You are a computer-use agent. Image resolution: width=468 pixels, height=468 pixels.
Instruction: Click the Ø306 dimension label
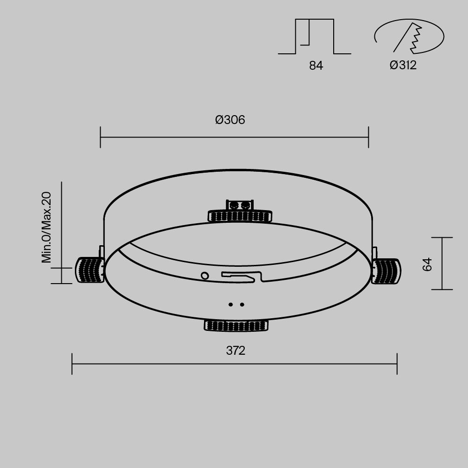230,120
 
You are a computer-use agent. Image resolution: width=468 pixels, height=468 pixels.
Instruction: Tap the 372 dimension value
235,351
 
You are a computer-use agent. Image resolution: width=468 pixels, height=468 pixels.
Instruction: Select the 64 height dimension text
427,264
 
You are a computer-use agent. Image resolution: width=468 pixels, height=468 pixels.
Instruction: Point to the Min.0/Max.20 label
46,228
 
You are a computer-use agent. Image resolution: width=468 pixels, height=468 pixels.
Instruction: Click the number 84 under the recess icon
316,66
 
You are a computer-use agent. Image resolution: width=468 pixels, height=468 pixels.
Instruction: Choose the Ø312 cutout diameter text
403,66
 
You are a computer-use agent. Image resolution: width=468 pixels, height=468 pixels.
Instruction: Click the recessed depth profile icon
314,37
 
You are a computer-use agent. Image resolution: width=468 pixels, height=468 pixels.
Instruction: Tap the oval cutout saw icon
409,37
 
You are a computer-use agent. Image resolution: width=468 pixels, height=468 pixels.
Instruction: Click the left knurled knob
89,270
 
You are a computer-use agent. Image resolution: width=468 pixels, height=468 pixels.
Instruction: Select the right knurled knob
387,271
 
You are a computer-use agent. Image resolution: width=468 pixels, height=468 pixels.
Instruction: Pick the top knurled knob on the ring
240,215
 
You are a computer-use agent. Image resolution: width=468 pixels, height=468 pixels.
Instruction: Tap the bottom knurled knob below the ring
236,325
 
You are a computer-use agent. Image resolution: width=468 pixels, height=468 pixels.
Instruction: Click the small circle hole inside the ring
205,276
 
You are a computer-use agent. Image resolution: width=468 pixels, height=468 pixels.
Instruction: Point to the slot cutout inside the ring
241,277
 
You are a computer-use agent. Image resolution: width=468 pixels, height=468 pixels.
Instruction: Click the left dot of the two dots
230,305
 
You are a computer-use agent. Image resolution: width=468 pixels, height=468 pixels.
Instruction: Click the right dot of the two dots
242,305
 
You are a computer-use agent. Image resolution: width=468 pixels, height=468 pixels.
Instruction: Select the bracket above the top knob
240,205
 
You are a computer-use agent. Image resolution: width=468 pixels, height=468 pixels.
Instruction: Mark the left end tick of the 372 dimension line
72,364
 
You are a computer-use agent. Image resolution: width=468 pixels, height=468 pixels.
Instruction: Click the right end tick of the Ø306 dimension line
369,137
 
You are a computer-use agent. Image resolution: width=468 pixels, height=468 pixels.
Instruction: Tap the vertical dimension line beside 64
442,263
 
